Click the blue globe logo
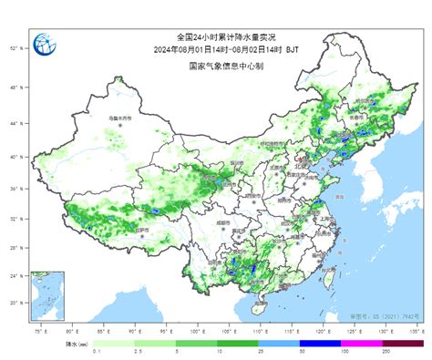[43, 46]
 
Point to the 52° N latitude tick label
[15, 46]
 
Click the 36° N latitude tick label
[15, 189]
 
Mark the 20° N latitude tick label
[15, 303]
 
